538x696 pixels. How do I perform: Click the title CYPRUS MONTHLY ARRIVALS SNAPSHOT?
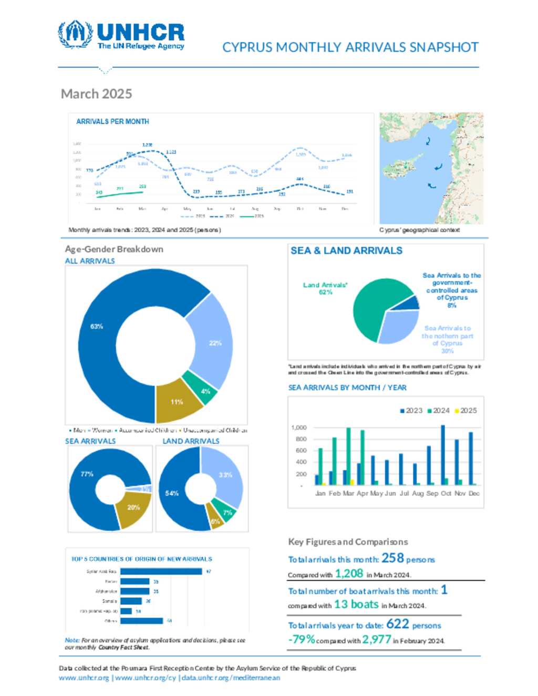pos(350,47)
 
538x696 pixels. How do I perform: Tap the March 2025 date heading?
pos(96,94)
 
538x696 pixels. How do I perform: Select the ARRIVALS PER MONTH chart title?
pos(112,121)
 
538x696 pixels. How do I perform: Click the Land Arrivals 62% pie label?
pos(325,288)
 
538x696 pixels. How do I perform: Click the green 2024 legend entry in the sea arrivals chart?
pos(439,411)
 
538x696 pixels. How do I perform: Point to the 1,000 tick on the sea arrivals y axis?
pos(299,428)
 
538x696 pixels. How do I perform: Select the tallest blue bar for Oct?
pos(442,455)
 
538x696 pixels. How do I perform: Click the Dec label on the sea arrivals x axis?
pos(474,494)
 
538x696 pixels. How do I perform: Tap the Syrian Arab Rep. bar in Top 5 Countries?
pos(161,572)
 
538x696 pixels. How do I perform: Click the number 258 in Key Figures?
pos(392,558)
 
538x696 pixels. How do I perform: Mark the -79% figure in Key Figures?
pos(302,639)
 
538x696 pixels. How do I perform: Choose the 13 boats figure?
pos(356,604)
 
